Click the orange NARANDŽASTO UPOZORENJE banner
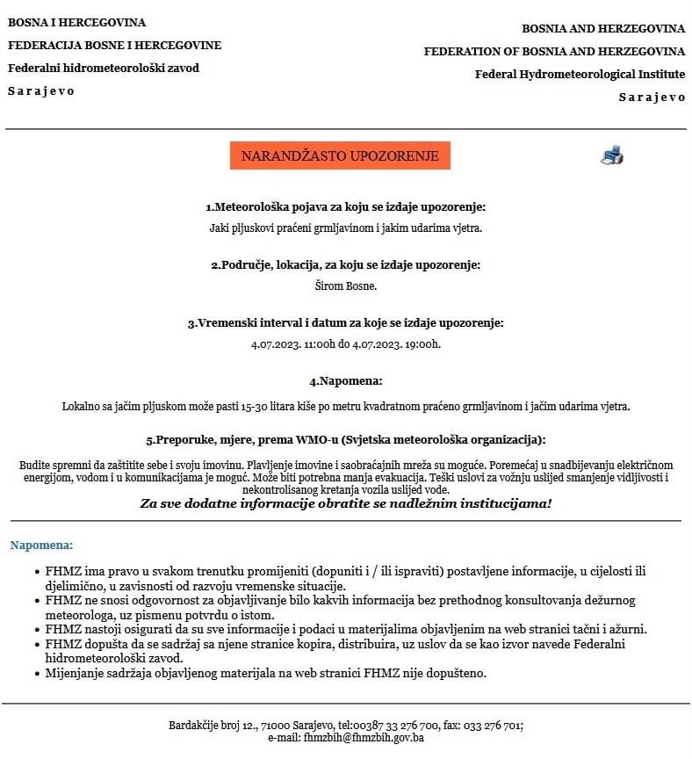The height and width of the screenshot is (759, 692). (340, 155)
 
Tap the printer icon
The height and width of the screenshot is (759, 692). (612, 155)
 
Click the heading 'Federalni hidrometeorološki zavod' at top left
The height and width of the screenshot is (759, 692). (104, 68)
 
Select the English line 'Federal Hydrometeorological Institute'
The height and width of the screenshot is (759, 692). (580, 74)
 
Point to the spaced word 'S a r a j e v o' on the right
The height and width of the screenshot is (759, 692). (652, 97)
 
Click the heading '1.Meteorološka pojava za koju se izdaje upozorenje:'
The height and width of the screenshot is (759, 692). (345, 207)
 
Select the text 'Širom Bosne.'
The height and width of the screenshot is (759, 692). (345, 286)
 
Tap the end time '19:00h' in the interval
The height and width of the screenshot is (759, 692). (422, 343)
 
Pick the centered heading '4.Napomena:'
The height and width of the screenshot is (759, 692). (345, 381)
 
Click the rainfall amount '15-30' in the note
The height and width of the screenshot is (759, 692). (261, 406)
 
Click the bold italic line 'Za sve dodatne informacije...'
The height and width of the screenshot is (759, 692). (345, 503)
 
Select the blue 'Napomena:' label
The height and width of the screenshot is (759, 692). (41, 546)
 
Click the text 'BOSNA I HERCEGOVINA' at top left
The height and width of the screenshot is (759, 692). (77, 22)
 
